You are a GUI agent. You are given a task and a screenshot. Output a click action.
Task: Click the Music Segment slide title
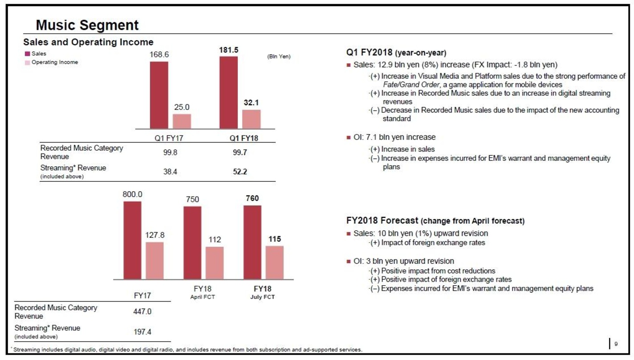[x=87, y=25]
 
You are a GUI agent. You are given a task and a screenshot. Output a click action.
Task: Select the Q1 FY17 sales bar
[x=159, y=95]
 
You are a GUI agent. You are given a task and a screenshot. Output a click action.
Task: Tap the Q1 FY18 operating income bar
[x=251, y=119]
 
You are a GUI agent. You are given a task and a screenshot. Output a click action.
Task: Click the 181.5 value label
[x=229, y=50]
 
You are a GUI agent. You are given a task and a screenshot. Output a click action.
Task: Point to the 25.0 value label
[x=182, y=107]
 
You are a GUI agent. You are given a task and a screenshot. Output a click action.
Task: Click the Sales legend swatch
[x=28, y=54]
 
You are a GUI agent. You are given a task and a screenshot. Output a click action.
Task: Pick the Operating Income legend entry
[x=52, y=62]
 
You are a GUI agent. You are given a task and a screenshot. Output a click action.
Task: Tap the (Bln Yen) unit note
[x=279, y=56]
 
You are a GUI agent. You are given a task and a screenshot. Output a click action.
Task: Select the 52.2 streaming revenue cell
[x=240, y=172]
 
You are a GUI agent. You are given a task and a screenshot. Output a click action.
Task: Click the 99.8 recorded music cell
[x=170, y=152]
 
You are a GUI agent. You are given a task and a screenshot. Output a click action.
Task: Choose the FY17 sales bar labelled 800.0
[x=132, y=240]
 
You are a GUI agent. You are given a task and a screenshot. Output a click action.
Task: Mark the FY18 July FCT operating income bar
[x=274, y=262]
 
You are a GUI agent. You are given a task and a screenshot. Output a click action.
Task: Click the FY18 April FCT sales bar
[x=192, y=243]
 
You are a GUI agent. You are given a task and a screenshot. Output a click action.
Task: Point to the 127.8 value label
[x=155, y=235]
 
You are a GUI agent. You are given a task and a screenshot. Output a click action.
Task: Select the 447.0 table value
[x=143, y=311]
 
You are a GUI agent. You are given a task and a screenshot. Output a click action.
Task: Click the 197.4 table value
[x=143, y=331]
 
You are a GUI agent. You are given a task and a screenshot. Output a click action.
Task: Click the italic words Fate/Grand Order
[x=411, y=85]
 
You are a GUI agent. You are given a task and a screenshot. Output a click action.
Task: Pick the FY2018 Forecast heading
[x=435, y=221]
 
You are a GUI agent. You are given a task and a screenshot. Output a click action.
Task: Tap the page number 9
[x=616, y=344]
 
